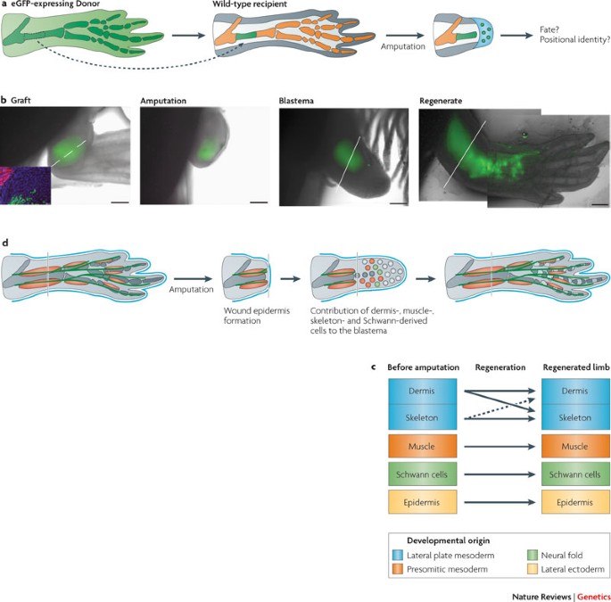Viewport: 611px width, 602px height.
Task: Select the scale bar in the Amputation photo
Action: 259,202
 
